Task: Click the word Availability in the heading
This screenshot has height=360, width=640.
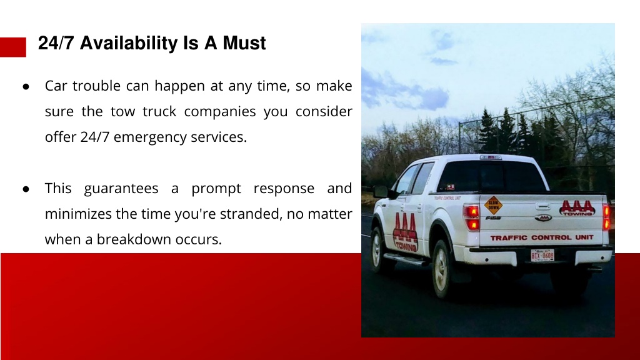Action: tap(129, 44)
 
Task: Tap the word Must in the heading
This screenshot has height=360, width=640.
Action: tap(244, 43)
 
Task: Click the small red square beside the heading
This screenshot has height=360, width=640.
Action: tap(13, 47)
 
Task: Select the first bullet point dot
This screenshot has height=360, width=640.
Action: tap(26, 86)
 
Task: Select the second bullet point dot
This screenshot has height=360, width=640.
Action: tap(26, 189)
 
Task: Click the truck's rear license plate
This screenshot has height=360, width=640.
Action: tap(542, 256)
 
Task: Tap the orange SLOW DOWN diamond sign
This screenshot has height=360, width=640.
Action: tap(494, 205)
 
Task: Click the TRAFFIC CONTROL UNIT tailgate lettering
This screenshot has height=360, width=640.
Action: tap(542, 237)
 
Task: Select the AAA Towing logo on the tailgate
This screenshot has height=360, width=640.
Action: tap(577, 207)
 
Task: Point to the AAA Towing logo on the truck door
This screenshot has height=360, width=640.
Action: tap(405, 231)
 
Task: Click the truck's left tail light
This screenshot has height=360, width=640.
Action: tap(471, 217)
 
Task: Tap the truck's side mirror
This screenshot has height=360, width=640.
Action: tap(381, 191)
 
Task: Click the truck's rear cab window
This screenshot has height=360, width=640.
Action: tap(491, 177)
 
